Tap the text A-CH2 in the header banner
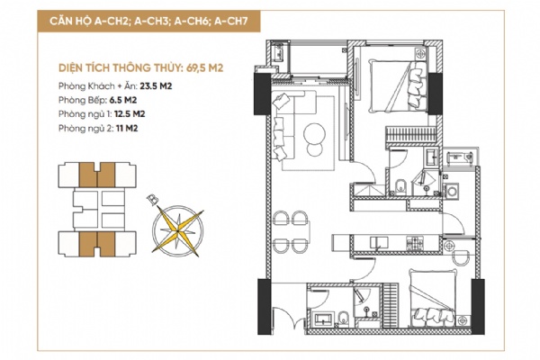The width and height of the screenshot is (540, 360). [x=111, y=22]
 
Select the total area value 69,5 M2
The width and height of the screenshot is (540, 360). [x=204, y=67]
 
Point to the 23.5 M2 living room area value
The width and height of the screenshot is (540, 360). [x=156, y=85]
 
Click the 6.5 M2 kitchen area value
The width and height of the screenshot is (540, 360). [x=123, y=100]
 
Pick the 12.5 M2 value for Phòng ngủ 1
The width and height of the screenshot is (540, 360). [x=130, y=113]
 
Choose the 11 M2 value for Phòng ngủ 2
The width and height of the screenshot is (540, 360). [x=127, y=128]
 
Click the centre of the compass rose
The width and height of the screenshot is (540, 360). [x=177, y=230]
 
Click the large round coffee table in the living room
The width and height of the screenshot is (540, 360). [x=314, y=134]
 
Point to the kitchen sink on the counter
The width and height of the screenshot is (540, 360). [x=379, y=242]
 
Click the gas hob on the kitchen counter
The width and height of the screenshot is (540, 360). [x=415, y=242]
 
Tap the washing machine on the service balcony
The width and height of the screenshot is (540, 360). [x=452, y=191]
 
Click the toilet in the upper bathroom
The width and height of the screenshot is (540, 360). [x=400, y=186]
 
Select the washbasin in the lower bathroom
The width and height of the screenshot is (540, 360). [x=322, y=319]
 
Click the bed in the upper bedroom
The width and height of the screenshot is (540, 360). [x=398, y=85]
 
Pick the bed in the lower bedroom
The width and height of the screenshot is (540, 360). [x=432, y=299]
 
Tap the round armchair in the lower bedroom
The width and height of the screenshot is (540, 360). [x=461, y=257]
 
